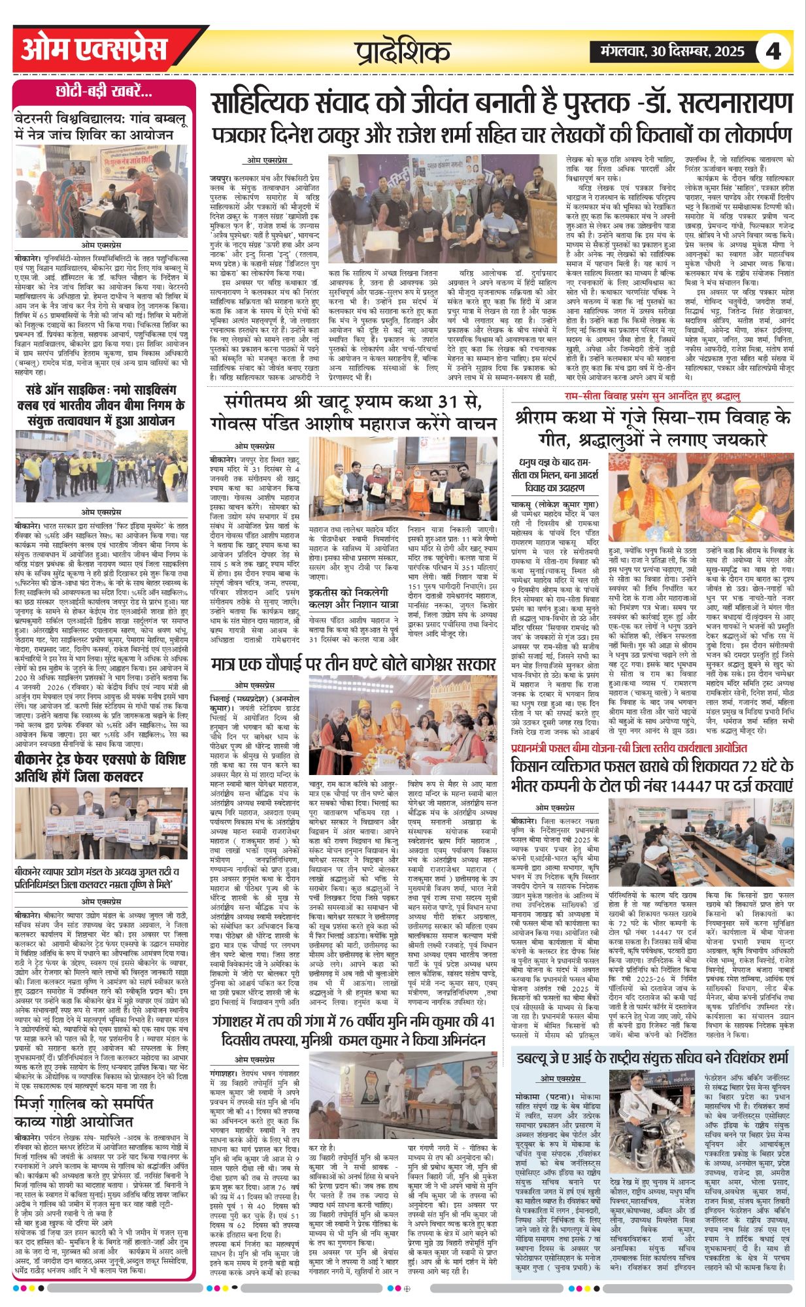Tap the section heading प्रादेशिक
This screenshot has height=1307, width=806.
403,51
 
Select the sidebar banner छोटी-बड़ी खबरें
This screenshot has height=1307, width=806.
105,91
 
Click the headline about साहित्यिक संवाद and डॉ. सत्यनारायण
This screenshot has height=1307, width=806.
501,103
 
